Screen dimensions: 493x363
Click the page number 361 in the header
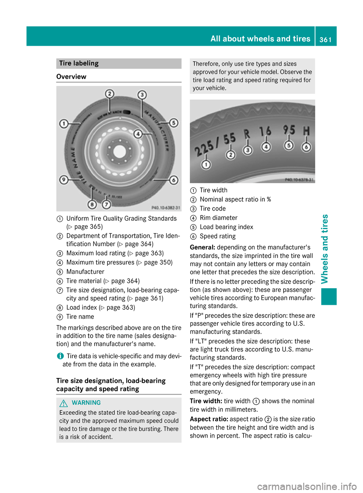[x=325, y=39]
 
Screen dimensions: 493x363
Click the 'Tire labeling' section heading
[x=79, y=63]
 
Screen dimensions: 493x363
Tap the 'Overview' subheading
[x=71, y=76]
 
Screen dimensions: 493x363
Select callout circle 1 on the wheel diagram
[x=64, y=123]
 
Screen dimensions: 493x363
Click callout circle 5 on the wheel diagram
[x=174, y=123]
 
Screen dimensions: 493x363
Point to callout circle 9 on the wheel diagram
[x=64, y=180]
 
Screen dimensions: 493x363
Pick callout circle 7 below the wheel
[x=106, y=204]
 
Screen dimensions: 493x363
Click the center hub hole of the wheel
[x=119, y=151]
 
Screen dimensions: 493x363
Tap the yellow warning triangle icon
[x=64, y=403]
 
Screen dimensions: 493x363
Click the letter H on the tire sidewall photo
[x=306, y=131]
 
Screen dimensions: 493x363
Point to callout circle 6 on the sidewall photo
[x=306, y=147]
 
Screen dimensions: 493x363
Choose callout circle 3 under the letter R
[x=247, y=150]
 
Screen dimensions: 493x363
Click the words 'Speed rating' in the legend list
[x=217, y=236]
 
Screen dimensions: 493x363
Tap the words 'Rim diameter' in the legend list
[x=219, y=218]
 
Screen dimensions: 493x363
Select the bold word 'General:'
[x=203, y=247]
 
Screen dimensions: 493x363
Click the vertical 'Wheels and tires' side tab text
[x=324, y=249]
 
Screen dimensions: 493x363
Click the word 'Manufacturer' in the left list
[x=85, y=271]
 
